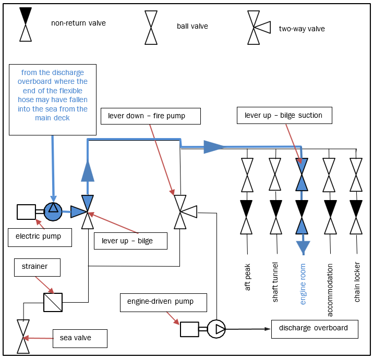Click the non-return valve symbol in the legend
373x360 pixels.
26,24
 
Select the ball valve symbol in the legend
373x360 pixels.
151,28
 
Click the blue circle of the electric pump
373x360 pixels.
53,211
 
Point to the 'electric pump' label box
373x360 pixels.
40,237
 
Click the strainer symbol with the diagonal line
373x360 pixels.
53,302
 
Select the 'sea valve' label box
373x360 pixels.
80,338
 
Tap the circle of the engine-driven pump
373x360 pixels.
216,329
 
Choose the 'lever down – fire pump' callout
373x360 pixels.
150,115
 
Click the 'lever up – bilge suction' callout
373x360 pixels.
284,115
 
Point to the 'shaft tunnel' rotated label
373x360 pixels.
275,282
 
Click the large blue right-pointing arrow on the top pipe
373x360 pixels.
214,146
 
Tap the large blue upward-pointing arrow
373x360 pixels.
88,170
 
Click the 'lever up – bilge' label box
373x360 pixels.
130,241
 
